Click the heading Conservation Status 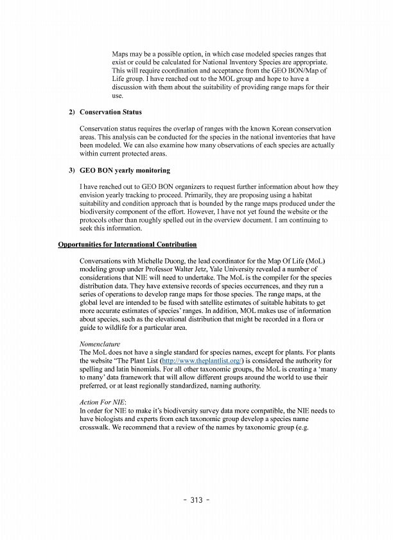click(x=110, y=112)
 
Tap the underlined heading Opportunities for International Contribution click(x=127, y=244)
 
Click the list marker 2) click(x=72, y=112)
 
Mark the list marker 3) click(x=72, y=170)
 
